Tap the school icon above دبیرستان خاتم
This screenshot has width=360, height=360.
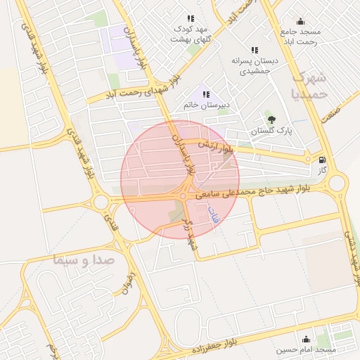[206, 94]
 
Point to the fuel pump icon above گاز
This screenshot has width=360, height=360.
[322, 160]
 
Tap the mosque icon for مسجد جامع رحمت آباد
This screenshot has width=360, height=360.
[300, 21]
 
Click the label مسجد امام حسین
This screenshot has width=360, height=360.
[306, 349]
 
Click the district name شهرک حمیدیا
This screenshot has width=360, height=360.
[309, 84]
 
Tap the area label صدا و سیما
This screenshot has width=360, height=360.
[83, 261]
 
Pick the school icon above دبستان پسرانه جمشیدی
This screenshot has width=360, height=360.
[255, 51]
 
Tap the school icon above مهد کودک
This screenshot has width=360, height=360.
[190, 19]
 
